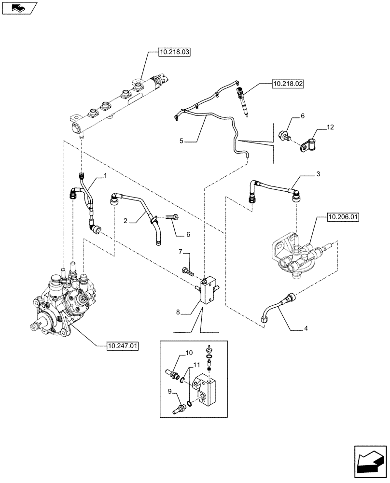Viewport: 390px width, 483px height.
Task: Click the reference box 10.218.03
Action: point(174,50)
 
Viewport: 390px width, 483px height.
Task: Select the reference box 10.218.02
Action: point(288,84)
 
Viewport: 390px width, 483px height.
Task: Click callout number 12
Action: point(330,127)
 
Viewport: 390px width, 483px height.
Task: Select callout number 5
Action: point(181,141)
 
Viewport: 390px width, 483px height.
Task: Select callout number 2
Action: point(125,221)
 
